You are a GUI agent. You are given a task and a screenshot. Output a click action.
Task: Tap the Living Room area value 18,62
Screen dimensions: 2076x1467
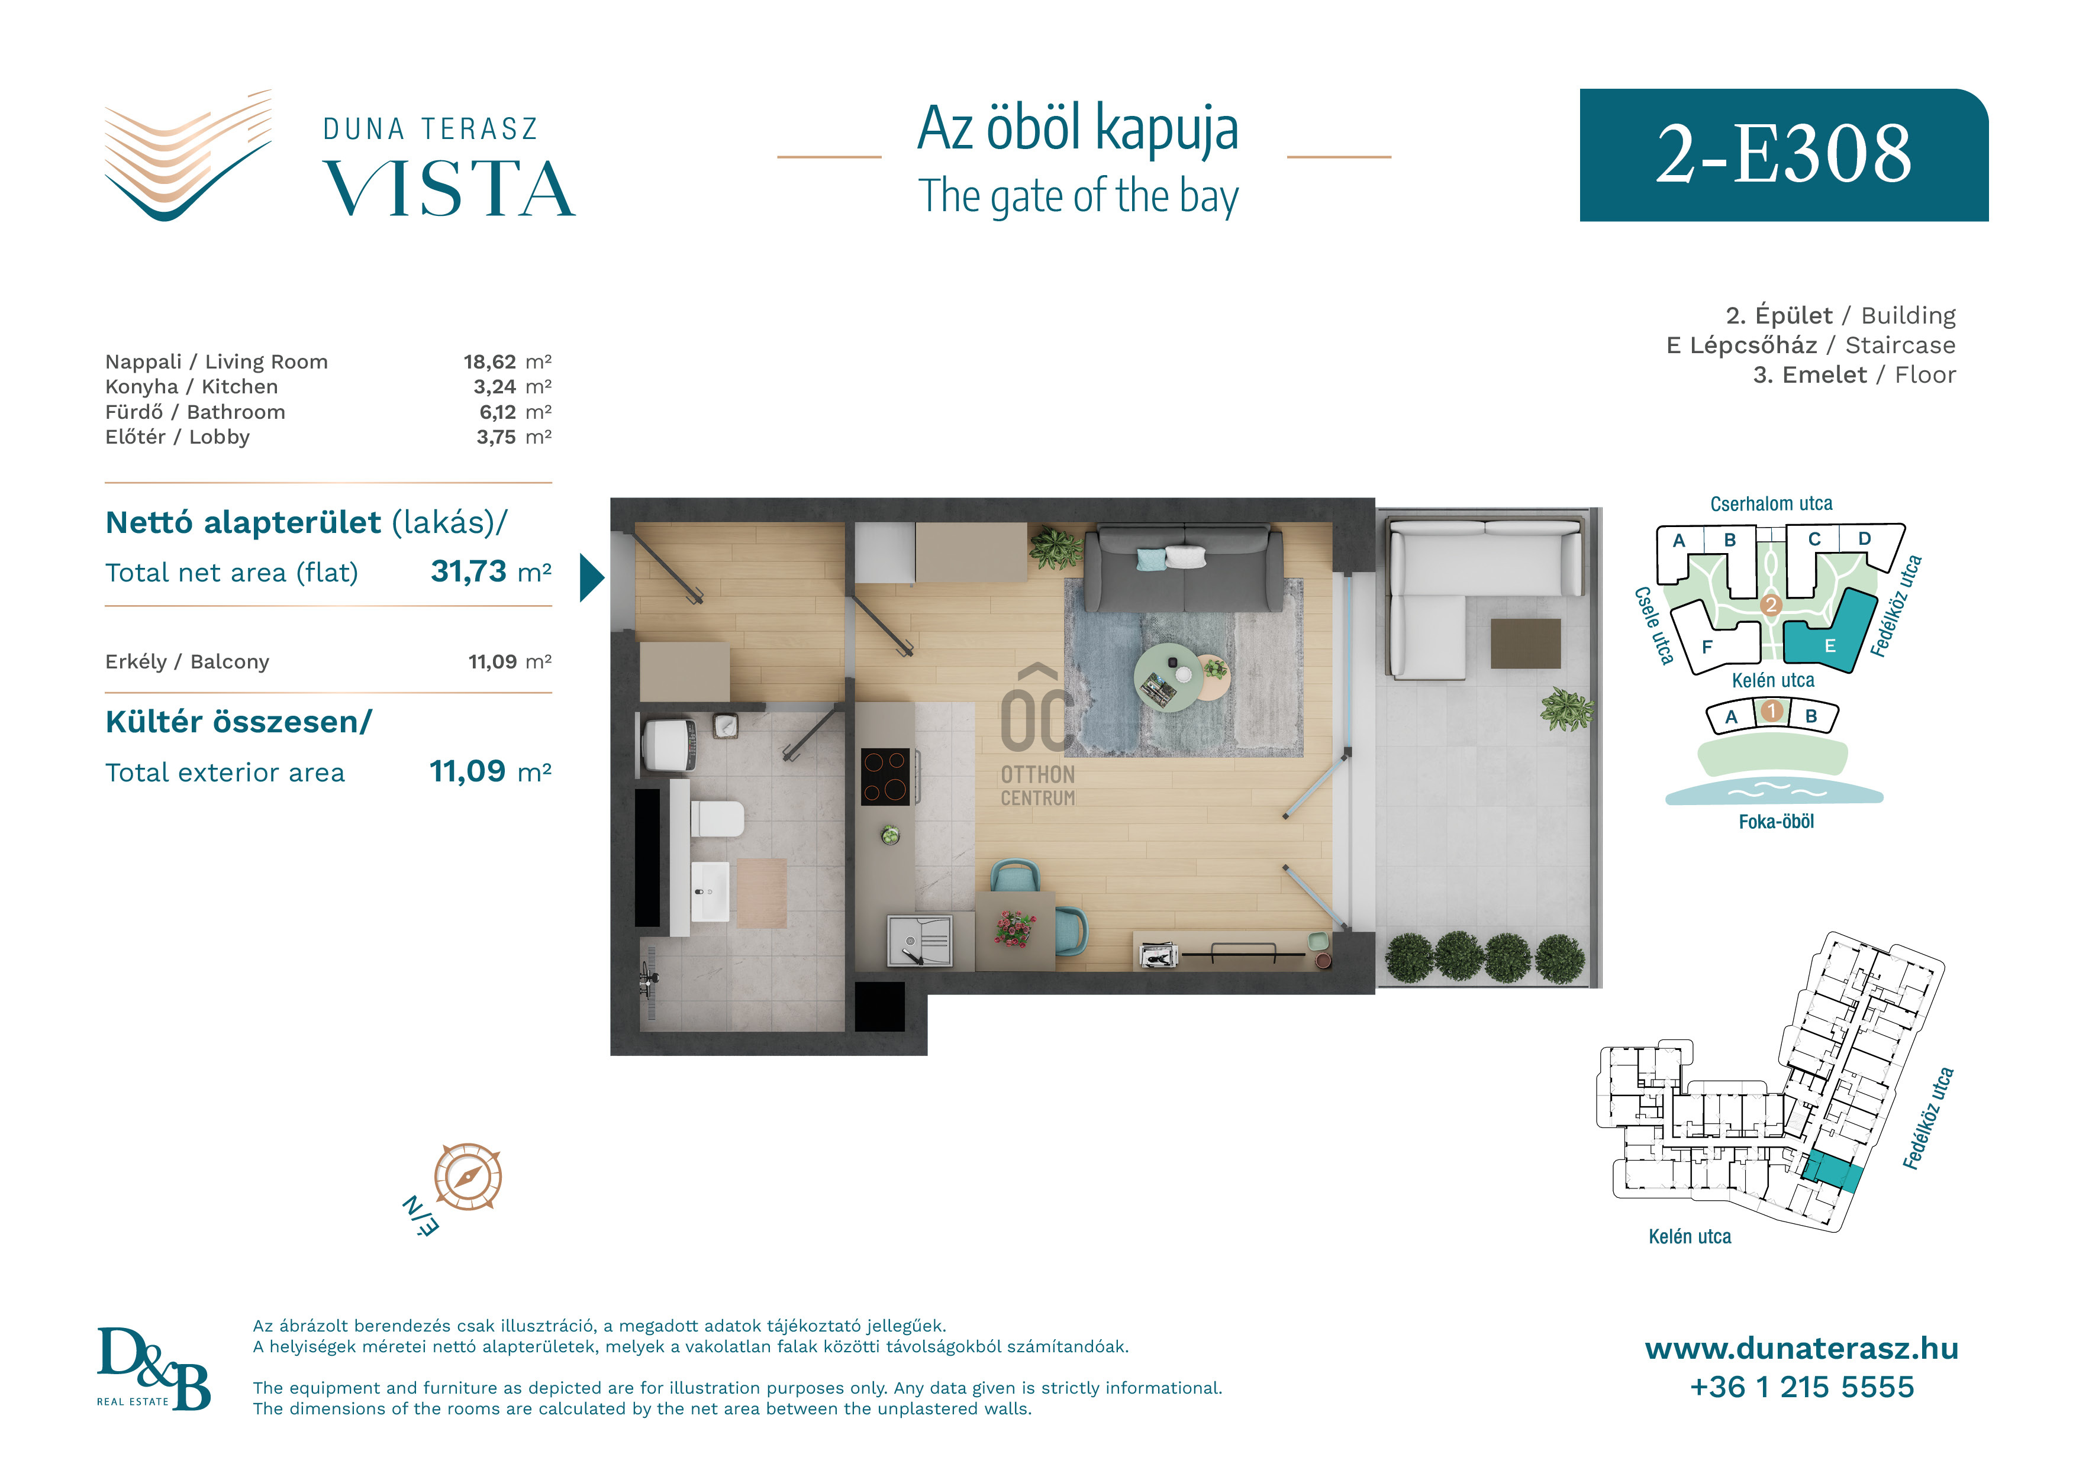pyautogui.click(x=489, y=361)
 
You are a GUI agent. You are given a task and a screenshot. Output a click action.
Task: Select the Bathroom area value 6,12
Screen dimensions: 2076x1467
pyautogui.click(x=497, y=412)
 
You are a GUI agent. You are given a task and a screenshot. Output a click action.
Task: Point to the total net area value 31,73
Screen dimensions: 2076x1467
pyautogui.click(x=468, y=571)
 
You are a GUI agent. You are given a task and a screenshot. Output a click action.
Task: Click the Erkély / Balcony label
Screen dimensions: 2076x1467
pyautogui.click(x=187, y=662)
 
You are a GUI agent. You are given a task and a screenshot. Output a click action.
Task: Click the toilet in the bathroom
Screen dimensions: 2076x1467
pyautogui.click(x=716, y=818)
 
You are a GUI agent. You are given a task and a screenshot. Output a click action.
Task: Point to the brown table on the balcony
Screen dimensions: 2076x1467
pyautogui.click(x=1526, y=644)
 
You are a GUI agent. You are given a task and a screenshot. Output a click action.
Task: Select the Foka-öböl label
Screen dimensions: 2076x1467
pyautogui.click(x=1776, y=822)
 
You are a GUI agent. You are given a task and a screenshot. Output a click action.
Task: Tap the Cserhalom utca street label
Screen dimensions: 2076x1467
pyautogui.click(x=1771, y=503)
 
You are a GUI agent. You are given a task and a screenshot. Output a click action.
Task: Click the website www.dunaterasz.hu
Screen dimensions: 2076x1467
pyautogui.click(x=1801, y=1349)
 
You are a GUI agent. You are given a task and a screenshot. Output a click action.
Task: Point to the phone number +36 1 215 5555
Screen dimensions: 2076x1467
pyautogui.click(x=1801, y=1387)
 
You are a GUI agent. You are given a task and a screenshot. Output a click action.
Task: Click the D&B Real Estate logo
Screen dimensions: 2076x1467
pyautogui.click(x=154, y=1368)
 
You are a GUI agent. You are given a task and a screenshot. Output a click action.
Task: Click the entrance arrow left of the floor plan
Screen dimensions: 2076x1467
pyautogui.click(x=591, y=577)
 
